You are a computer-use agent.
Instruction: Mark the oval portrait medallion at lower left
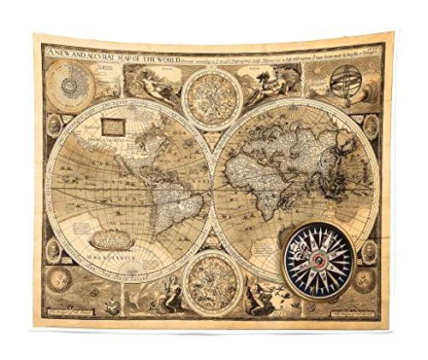point(53,250)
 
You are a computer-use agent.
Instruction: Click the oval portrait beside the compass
point(369,251)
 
